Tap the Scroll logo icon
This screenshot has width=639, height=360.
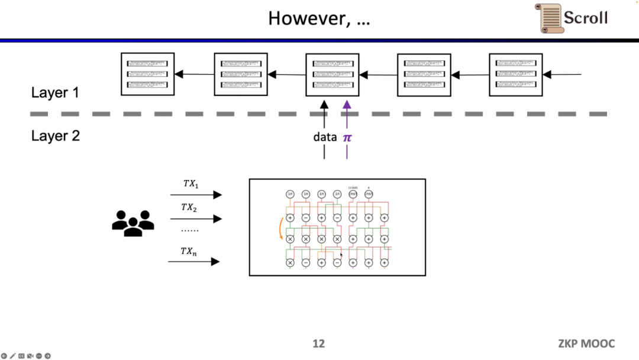pos(550,18)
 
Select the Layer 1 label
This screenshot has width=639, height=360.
pos(55,93)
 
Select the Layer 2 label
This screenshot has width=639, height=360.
pos(55,136)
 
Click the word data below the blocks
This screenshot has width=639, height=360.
pos(325,137)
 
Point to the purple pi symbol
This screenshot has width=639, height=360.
pos(347,137)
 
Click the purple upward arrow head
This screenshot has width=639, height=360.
pos(347,104)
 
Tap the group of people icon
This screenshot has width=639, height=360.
pos(133,223)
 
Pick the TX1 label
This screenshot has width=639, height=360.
pos(191,184)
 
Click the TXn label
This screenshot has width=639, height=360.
pos(189,251)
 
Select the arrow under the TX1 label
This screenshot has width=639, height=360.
pos(195,195)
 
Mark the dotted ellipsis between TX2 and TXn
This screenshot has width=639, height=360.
pos(190,230)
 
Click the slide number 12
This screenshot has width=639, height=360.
pos(318,343)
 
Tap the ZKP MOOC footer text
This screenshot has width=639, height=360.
pos(586,343)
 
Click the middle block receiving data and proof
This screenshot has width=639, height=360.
pos(333,74)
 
